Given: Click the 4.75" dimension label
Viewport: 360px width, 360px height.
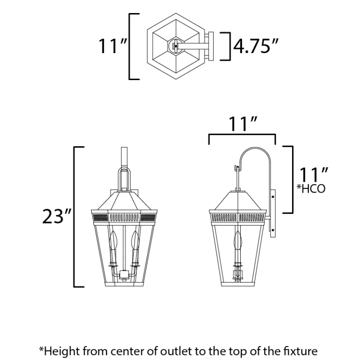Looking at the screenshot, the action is pyautogui.click(x=256, y=46).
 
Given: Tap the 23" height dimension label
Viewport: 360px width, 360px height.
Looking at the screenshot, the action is pyautogui.click(x=56, y=216).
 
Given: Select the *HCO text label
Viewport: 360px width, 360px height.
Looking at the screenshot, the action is pyautogui.click(x=311, y=189).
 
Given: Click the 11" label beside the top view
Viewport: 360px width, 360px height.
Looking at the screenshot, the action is pyautogui.click(x=113, y=46).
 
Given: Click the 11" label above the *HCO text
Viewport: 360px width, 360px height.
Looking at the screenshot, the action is pyautogui.click(x=314, y=175).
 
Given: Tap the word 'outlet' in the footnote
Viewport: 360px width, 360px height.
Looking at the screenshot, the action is pyautogui.click(x=176, y=351).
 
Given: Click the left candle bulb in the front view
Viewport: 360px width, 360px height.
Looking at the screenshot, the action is pyautogui.click(x=113, y=240).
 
